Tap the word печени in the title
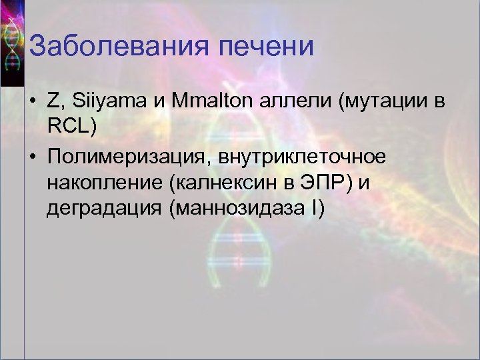coord(270,49)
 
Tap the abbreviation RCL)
coord(73,127)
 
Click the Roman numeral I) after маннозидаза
coord(317,210)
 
